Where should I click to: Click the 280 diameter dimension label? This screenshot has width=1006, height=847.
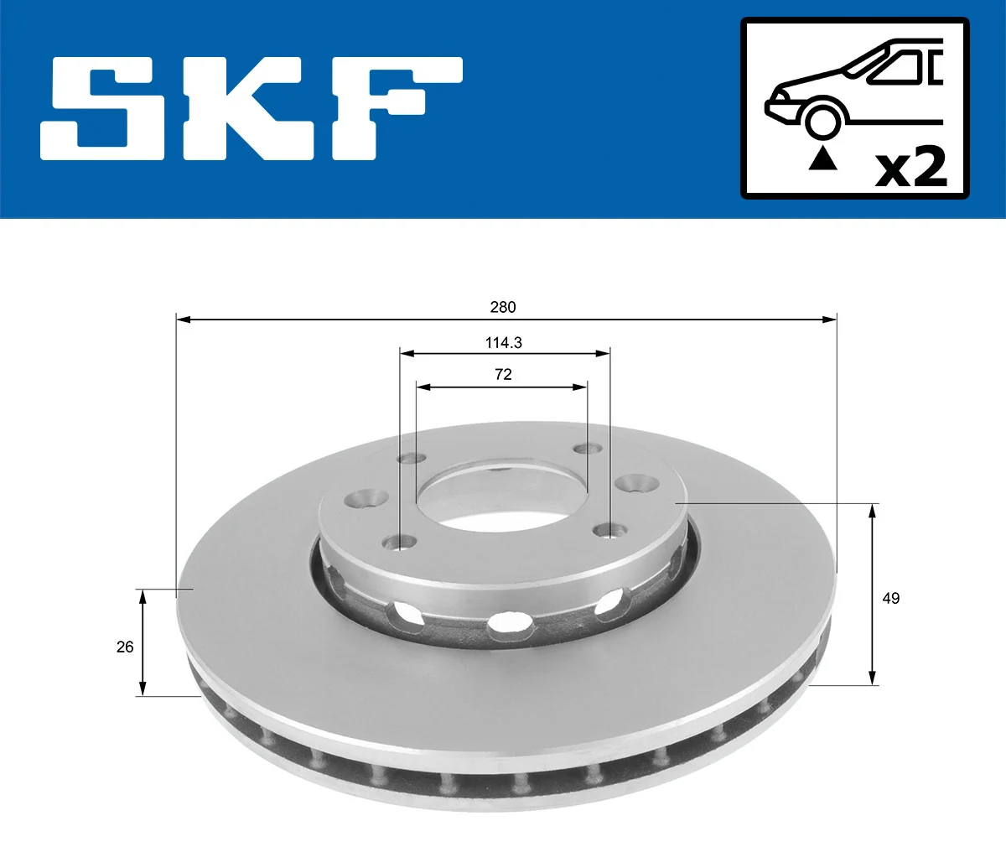(x=503, y=308)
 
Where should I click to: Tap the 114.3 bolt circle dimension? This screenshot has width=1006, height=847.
(x=503, y=342)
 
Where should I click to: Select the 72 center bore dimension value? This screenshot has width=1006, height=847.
(x=503, y=375)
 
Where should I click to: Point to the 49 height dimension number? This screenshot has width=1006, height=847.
(x=890, y=598)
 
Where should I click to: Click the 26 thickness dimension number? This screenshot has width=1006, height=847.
(x=125, y=647)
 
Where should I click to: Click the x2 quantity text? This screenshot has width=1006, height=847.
(x=911, y=168)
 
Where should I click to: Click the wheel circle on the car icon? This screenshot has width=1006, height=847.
(x=822, y=121)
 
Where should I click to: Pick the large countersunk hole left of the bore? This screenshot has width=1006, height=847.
(x=366, y=500)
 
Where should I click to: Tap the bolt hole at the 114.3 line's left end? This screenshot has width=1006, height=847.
(x=400, y=543)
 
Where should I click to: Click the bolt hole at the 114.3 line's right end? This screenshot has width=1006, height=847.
(x=609, y=530)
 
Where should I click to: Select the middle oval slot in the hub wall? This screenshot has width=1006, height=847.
(x=509, y=622)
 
